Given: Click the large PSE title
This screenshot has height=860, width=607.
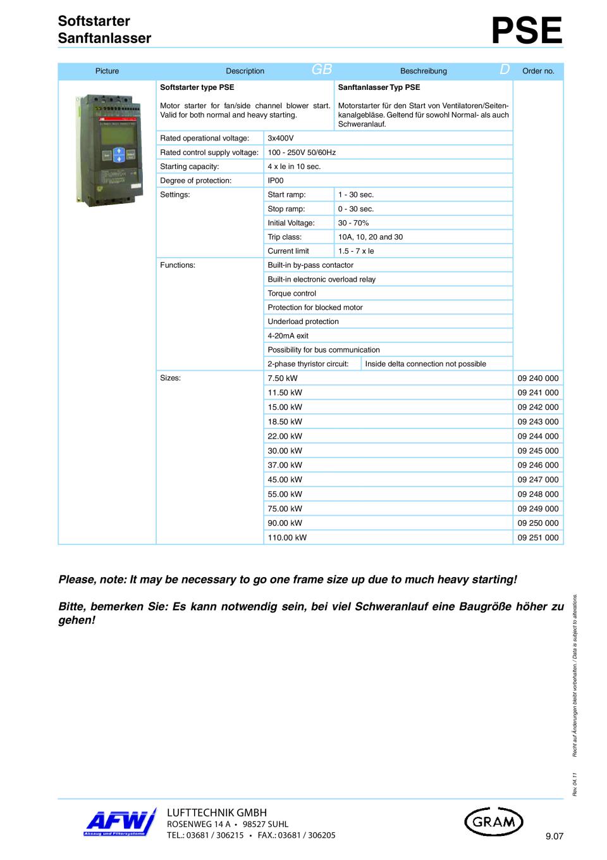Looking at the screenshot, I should coord(527,31).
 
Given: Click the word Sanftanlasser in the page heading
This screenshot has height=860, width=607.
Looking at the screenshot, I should coord(104,38).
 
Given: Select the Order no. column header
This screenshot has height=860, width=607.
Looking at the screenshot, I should coord(538,71).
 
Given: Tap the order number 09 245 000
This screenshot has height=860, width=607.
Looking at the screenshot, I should coord(538,451).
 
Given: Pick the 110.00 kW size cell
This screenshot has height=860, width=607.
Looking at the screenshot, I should coord(287,537).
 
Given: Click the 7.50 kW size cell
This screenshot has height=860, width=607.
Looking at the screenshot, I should coord(283,378).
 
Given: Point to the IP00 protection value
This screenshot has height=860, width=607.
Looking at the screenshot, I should coord(276,180).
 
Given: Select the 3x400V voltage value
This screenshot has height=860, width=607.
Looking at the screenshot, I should coord(281,138).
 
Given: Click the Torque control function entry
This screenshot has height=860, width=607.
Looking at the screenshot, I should coord(291,293).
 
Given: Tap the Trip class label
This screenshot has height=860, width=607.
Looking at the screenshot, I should coord(285,237).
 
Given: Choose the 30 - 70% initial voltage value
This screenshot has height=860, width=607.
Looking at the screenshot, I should coord(353,223).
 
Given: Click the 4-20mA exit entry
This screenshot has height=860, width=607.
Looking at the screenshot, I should coord(288,335).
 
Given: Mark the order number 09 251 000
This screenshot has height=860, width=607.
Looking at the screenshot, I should coord(538,537).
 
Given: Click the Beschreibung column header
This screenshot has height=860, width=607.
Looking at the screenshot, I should coord(423,71).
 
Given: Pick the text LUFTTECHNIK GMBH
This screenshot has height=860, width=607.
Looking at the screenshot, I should coord(216,812).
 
